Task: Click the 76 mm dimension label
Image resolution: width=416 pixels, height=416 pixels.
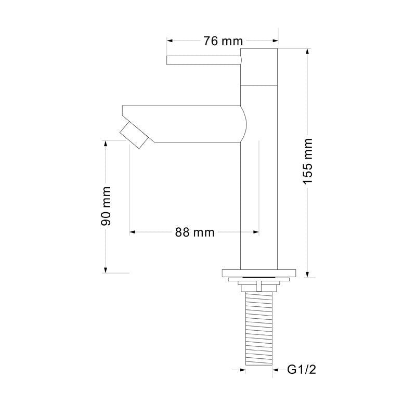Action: pyautogui.click(x=223, y=41)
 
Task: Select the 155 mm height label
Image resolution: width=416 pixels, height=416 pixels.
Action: pyautogui.click(x=308, y=161)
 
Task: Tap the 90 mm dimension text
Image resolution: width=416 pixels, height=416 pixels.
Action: pyautogui.click(x=106, y=206)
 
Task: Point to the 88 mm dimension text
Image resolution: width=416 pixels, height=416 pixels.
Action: pyautogui.click(x=194, y=232)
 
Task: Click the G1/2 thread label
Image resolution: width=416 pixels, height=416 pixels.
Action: pyautogui.click(x=302, y=370)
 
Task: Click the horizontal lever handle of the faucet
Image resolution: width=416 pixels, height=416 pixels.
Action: pyautogui.click(x=204, y=60)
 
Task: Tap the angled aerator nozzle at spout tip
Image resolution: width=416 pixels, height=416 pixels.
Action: pyautogui.click(x=134, y=136)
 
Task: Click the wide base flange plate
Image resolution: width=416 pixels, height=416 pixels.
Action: pyautogui.click(x=258, y=273)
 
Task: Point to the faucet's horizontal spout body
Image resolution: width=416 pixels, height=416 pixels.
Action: pyautogui.click(x=185, y=124)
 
